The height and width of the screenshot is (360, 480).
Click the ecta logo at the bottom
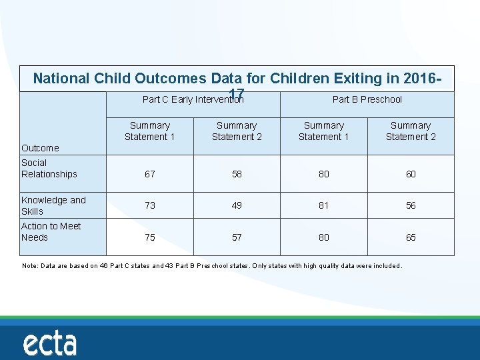pos(50,344)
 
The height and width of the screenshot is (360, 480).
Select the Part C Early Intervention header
pos(193,99)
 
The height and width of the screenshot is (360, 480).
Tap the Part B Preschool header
pos(367,99)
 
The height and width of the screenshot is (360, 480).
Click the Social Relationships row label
pos(49,169)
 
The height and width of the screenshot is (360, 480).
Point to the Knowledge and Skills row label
pos(53,205)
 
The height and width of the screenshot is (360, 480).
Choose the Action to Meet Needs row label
pos(51,231)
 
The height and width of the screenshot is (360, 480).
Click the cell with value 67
pos(150,174)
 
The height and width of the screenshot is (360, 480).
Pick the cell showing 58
pos(237,174)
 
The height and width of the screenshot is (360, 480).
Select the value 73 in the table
pos(150,205)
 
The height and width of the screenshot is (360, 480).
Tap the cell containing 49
pos(237,205)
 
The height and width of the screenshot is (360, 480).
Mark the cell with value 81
pos(323,205)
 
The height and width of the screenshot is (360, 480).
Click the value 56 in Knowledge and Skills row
pos(411,205)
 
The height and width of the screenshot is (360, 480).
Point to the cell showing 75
pos(150,237)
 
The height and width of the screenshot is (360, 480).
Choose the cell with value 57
pos(237,237)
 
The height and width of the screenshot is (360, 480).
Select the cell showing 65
pos(411,237)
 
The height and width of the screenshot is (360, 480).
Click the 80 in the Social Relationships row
pos(323,174)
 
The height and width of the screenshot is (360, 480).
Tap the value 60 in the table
pos(411,174)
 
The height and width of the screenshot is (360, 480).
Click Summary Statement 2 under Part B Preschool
pos(411,131)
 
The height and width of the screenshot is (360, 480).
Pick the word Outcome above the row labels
pos(40,148)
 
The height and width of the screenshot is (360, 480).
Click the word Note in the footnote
pos(29,266)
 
